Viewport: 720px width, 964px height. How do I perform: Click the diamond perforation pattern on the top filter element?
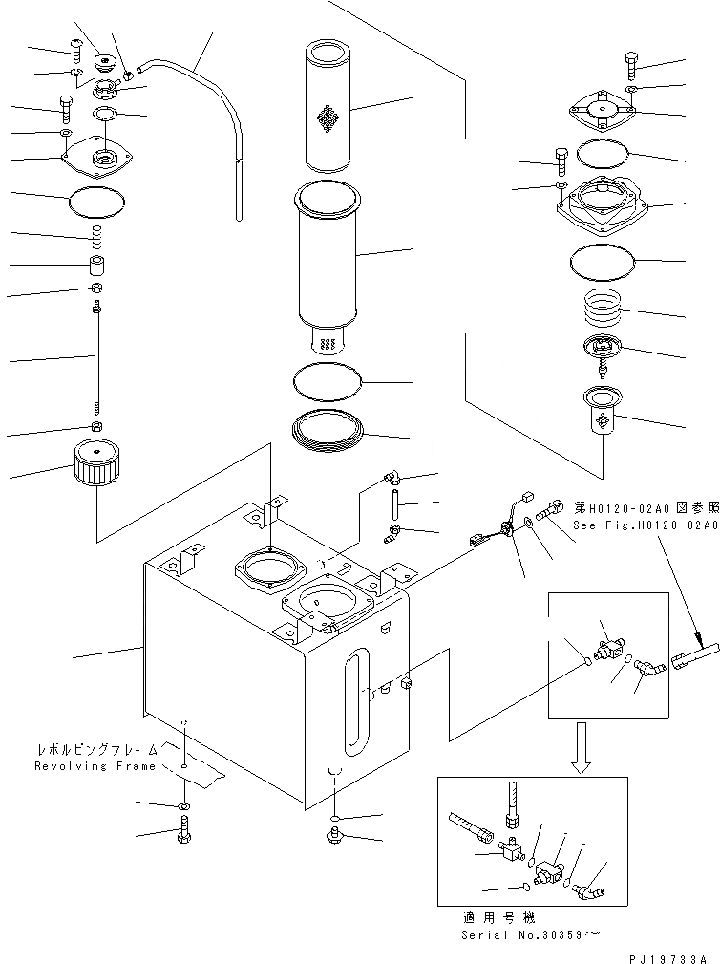328,119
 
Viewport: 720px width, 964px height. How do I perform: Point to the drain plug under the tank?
334,838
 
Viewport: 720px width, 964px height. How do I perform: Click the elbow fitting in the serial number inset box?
592,886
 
